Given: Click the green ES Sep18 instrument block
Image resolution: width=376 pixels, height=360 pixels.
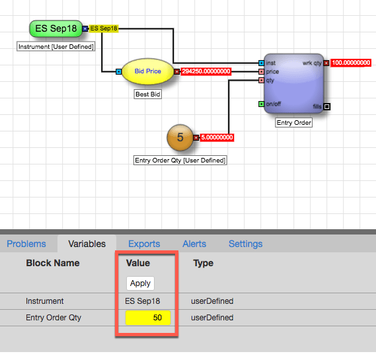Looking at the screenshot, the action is [x=56, y=28].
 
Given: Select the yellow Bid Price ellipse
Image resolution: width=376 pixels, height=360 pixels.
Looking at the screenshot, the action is [x=148, y=71].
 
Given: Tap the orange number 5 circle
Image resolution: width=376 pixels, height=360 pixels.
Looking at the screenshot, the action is [x=180, y=137].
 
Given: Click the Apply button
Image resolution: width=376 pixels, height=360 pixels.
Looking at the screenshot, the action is [x=140, y=283].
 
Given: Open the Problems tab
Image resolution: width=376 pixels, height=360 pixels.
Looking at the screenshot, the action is [x=26, y=244].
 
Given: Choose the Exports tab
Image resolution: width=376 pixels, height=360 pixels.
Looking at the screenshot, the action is [x=144, y=244].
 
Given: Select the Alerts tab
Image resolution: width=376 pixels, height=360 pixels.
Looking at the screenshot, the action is [x=194, y=244].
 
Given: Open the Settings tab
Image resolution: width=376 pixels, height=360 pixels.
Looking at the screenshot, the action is [x=246, y=244].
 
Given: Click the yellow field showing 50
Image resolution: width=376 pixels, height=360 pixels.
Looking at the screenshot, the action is [x=148, y=318].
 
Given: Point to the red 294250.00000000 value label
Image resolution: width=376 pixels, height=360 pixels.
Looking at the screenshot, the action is [x=206, y=71].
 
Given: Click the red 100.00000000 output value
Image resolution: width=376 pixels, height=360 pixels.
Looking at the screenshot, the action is [x=351, y=63].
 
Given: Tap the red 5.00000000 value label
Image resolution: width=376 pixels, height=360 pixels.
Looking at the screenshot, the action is [x=217, y=137].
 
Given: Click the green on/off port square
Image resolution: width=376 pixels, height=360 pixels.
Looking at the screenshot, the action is [x=262, y=104].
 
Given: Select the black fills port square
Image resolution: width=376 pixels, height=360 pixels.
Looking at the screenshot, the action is [x=327, y=106].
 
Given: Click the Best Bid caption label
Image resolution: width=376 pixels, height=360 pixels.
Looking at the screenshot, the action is [x=148, y=94].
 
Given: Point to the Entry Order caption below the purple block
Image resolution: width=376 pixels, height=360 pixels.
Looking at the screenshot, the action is [x=294, y=123].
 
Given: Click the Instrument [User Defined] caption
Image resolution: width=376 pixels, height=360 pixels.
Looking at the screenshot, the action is [x=56, y=46].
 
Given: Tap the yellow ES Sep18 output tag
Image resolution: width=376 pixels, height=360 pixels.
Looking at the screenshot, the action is [x=104, y=28].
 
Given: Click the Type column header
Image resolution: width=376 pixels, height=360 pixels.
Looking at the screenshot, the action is [x=204, y=263].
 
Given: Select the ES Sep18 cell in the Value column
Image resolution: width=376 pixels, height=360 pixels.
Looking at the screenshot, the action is [x=143, y=301].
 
